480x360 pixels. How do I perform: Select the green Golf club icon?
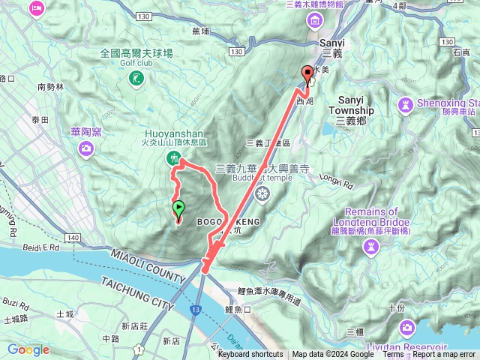coord(136,77)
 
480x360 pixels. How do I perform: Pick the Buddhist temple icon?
coord(262,194)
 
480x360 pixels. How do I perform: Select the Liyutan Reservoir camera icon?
coord(407,328)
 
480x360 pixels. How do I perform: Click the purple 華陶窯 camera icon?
coord(86,148)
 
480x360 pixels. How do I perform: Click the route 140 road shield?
coord(72,238)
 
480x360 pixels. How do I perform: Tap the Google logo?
coord(28,349)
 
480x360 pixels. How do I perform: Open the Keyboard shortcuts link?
coord(250,355)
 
